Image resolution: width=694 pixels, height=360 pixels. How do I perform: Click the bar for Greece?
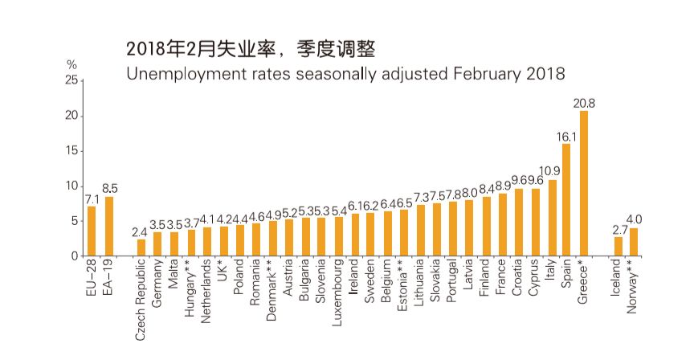pos(584,183)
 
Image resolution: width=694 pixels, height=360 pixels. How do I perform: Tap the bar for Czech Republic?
pos(141,247)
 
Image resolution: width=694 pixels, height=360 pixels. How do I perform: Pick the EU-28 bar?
pos(92,231)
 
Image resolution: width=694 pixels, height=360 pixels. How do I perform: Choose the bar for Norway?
pos(634,242)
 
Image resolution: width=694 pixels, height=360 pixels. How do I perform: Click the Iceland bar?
pos(618,246)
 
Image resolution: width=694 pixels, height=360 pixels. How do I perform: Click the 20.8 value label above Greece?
pos(584,104)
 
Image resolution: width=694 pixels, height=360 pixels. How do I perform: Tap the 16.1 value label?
pos(566,137)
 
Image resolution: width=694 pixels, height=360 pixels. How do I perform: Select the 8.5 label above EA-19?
pos(109,190)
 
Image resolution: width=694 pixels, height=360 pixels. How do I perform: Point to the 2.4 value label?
pos(141,232)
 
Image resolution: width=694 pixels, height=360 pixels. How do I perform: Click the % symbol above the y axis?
pos(71,63)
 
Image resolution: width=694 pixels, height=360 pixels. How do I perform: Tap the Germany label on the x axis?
pos(157,285)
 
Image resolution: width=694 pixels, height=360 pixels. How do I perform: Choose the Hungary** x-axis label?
pos(190,289)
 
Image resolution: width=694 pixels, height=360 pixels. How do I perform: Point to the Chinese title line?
pos(251,49)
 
